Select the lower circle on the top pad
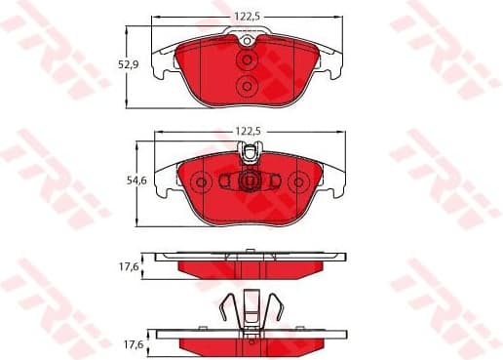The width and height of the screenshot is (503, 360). (248, 87)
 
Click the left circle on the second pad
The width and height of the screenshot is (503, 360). (202, 181)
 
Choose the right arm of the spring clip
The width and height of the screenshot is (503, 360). (277, 310)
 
